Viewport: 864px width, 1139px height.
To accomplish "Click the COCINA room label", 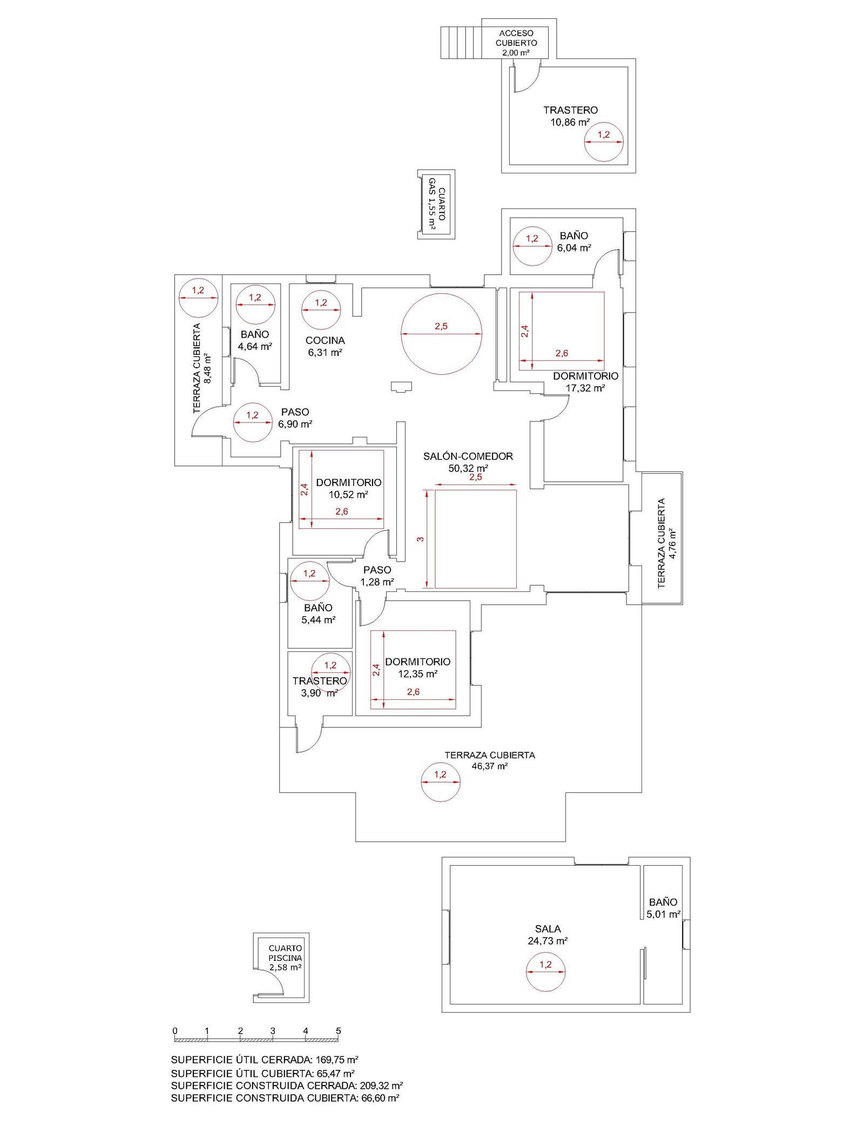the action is coord(325,340).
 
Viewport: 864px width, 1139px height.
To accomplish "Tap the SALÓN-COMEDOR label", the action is coord(468,456).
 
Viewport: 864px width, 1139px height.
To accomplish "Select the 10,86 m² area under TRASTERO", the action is coord(570,122).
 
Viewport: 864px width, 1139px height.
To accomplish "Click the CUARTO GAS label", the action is coord(437,204).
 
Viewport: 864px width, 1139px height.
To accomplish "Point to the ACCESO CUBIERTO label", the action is coord(516,38).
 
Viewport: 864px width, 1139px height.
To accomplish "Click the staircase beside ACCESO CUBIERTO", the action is coord(461,43).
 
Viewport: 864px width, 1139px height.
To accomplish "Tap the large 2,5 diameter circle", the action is coord(441,334).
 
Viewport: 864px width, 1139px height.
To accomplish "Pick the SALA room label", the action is coord(548,929).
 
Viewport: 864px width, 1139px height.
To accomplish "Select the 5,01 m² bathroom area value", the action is coord(663,914).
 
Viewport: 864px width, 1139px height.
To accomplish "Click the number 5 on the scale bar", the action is coord(339,1031).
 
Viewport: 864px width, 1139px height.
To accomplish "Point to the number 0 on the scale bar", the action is coord(175,1031).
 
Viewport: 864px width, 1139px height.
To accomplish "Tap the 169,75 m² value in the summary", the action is coord(337,1060).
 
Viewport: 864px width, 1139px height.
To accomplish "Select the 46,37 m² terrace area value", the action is coord(489,766).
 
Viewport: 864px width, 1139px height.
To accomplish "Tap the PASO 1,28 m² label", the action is coord(377,576).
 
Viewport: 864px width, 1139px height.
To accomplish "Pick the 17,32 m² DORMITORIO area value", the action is coord(585,388).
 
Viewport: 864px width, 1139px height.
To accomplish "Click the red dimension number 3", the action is coord(420,539).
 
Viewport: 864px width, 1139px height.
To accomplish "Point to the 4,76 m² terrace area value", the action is coord(672,543).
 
